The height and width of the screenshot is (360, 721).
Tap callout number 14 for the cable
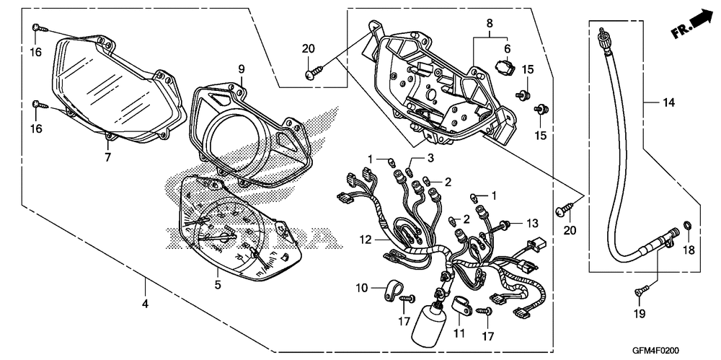669,103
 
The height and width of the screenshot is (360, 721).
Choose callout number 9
242,69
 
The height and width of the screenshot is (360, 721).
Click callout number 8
490,24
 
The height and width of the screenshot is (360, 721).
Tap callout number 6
507,48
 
